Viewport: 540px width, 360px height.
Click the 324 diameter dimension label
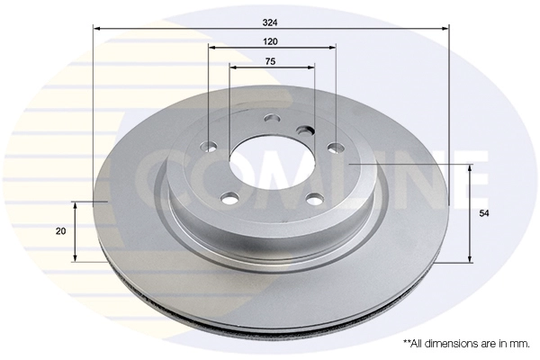[x=270, y=22]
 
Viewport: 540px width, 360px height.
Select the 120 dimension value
[x=270, y=41]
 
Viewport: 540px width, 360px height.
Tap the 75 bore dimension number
[x=270, y=62]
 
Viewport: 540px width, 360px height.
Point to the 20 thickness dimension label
[x=60, y=231]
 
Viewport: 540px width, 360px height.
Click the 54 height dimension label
[x=484, y=213]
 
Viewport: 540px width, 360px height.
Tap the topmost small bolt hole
[x=273, y=119]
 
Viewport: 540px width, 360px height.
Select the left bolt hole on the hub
[x=209, y=146]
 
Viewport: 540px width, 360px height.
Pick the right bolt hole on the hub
[x=336, y=148]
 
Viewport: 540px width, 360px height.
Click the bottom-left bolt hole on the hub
[x=229, y=198]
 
